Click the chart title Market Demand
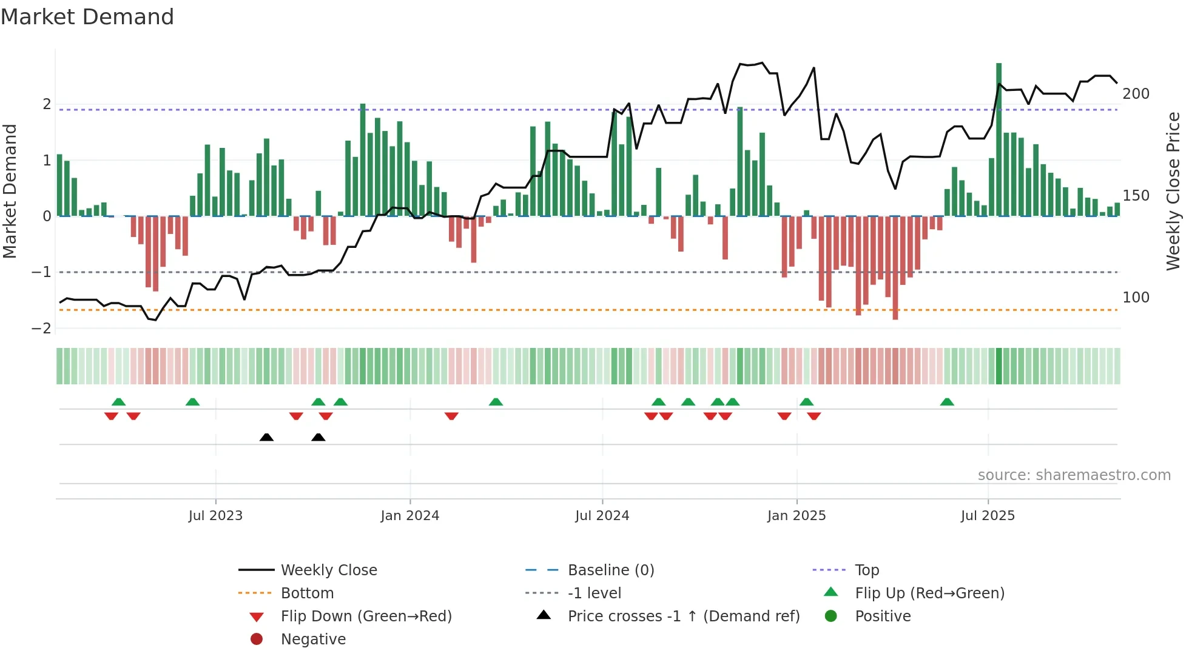(x=87, y=17)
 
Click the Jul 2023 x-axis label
(x=215, y=516)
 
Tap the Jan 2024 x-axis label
(x=409, y=516)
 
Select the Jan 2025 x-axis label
(x=796, y=516)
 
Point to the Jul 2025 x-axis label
(x=988, y=516)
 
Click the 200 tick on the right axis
(x=1136, y=94)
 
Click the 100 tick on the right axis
(x=1136, y=298)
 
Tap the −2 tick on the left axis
(x=41, y=329)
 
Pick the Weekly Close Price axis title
(x=1173, y=191)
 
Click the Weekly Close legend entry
(x=328, y=570)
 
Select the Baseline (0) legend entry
(x=610, y=570)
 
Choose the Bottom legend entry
(x=307, y=593)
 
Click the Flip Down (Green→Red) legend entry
(x=366, y=616)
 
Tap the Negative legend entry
(x=313, y=640)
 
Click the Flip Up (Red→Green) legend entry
(x=929, y=593)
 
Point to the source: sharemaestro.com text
(x=1074, y=475)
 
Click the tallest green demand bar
(x=999, y=139)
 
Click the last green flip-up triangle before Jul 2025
(x=947, y=402)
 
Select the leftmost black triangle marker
(x=266, y=437)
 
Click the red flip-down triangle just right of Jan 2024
(x=451, y=416)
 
